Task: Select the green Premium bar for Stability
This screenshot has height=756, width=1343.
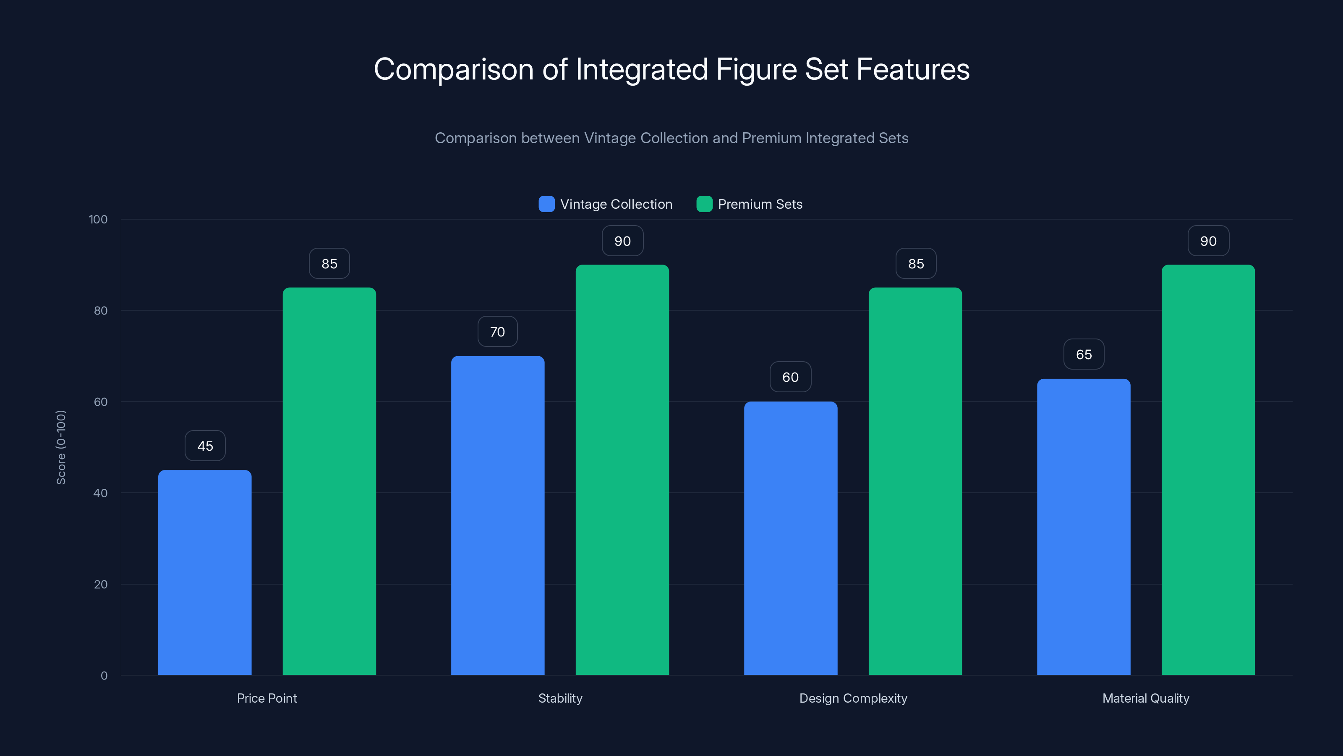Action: [x=622, y=470]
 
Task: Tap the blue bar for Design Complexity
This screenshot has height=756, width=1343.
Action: [x=790, y=538]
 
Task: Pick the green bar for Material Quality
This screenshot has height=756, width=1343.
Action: [x=1208, y=470]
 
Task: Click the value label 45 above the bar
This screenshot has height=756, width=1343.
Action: [x=205, y=446]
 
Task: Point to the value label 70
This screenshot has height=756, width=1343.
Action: [x=497, y=331]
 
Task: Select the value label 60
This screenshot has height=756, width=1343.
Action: [x=790, y=377]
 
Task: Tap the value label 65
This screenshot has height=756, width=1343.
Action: [x=1083, y=354]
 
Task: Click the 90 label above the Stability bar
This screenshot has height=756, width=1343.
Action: [x=622, y=241]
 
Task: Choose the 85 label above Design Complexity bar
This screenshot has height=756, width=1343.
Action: [x=915, y=263]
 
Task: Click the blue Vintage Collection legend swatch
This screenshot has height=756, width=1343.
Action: [x=546, y=204]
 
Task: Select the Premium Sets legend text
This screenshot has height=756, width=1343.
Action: [x=760, y=204]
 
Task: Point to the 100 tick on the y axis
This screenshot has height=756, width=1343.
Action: [x=98, y=219]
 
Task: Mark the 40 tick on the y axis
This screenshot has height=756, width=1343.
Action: [x=101, y=493]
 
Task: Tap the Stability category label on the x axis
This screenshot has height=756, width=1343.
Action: [x=560, y=698]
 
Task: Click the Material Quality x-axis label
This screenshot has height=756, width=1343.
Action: [x=1145, y=698]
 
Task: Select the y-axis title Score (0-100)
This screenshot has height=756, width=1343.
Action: [x=61, y=447]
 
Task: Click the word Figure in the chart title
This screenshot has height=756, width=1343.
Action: [x=756, y=69]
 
